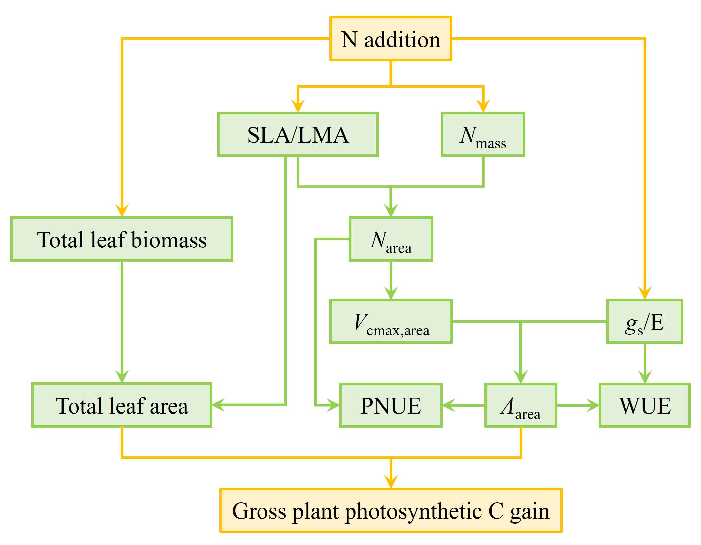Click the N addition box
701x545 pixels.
(391, 39)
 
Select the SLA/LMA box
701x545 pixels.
(298, 134)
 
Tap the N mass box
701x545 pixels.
(483, 134)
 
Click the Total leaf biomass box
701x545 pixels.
(122, 239)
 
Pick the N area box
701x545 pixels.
(391, 239)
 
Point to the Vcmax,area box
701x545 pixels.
(391, 322)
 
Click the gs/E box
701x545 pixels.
(644, 322)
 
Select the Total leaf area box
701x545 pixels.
(122, 405)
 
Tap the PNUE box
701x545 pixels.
(391, 405)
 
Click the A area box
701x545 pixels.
(520, 405)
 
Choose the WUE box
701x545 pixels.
(644, 405)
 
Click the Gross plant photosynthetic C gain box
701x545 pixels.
(391, 510)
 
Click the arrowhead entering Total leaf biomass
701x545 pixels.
(122, 211)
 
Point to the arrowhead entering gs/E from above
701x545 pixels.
(645, 294)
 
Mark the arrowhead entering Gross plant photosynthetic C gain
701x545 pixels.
(391, 482)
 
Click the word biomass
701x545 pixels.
(169, 240)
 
